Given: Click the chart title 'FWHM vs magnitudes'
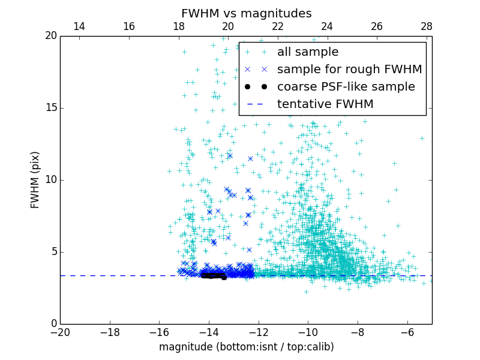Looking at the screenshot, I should coord(246,13).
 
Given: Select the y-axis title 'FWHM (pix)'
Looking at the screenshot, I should coord(35,180).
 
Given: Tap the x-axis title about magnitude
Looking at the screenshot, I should coord(246,347).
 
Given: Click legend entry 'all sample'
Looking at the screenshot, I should coord(307,52).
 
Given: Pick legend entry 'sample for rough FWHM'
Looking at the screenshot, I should coord(349,70).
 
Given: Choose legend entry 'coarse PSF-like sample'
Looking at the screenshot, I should coord(346,87).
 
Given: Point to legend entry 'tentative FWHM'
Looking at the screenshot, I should coord(325,104).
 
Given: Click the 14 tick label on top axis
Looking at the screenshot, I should coord(79,26).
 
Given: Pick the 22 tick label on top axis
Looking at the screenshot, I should coord(277,26).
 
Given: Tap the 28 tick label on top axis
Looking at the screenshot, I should coord(427,26).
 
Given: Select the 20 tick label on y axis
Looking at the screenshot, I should coord(50,36).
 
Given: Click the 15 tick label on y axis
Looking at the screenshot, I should coord(50,108).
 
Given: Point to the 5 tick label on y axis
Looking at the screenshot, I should coord(53,252).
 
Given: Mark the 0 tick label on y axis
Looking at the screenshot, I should coord(53,324).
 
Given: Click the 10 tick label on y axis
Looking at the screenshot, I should coord(50,180).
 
